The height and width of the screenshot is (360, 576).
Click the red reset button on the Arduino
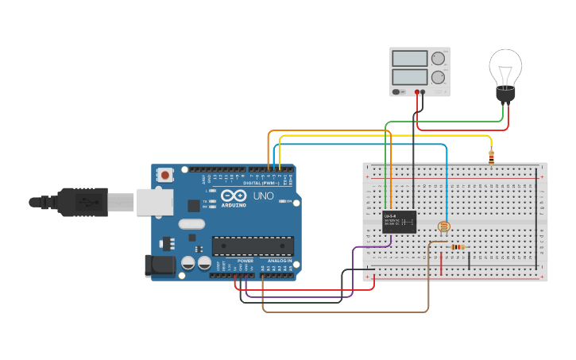pyautogui.click(x=165, y=174)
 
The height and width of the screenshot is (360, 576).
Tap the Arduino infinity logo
pyautogui.click(x=234, y=196)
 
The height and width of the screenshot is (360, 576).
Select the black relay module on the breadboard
pyautogui.click(x=400, y=222)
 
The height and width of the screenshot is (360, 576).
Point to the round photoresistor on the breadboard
pyautogui.click(x=444, y=227)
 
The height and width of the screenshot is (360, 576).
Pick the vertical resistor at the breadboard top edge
pyautogui.click(x=491, y=157)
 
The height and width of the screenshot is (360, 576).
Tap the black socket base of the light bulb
pyautogui.click(x=505, y=95)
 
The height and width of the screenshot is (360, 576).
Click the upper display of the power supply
pyautogui.click(x=410, y=59)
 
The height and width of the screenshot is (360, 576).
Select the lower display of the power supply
pyautogui.click(x=410, y=77)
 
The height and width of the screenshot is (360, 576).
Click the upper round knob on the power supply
pyautogui.click(x=438, y=58)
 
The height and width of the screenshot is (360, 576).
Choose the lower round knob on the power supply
pyautogui.click(x=438, y=77)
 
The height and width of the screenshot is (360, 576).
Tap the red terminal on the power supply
pyautogui.click(x=416, y=92)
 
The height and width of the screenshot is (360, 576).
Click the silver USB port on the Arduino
pyautogui.click(x=154, y=202)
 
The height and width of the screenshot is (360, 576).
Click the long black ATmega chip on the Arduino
pyautogui.click(x=253, y=246)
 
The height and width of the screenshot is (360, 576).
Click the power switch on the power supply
pyautogui.click(x=396, y=91)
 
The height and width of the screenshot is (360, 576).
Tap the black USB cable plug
pyautogui.click(x=79, y=202)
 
